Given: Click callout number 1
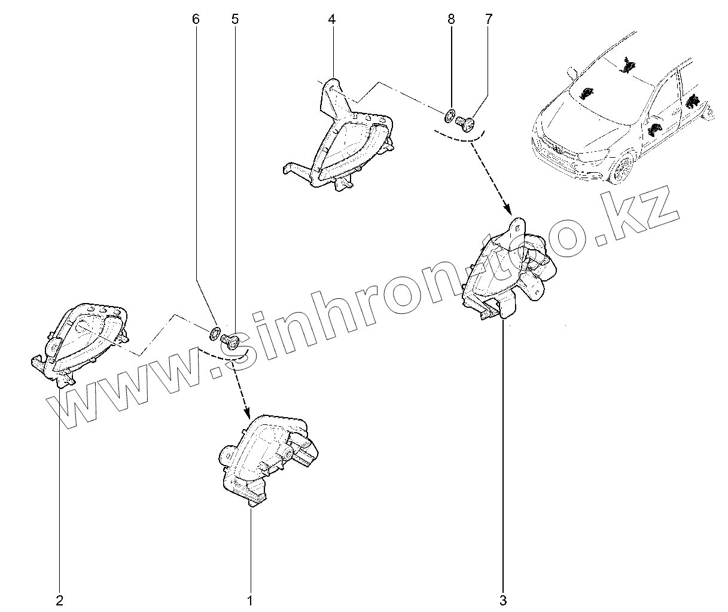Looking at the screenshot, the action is click(250, 599).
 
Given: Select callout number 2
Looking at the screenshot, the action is click(59, 599).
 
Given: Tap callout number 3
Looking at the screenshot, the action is click(503, 599).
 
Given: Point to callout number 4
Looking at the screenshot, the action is click(331, 19).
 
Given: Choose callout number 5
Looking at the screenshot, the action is click(234, 19).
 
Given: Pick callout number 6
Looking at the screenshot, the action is click(196, 19).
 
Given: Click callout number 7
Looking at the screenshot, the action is click(489, 19).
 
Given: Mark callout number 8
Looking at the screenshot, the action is click(451, 19).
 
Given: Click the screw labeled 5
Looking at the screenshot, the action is click(230, 340).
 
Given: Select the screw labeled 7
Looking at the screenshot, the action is click(465, 124).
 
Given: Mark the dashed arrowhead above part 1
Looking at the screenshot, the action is click(245, 414).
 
